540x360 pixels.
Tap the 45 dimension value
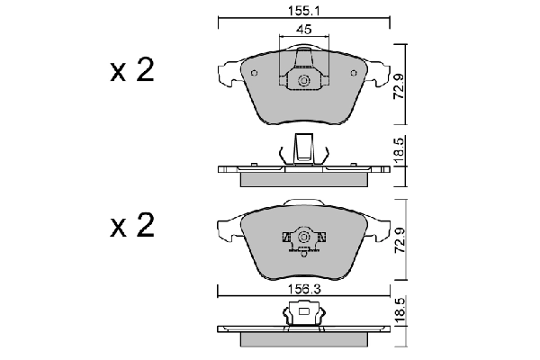click(304, 30)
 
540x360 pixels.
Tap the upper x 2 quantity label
click(131, 73)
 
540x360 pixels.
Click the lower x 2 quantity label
click(131, 227)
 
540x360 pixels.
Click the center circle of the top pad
click(304, 84)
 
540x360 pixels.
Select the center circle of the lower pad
click(304, 238)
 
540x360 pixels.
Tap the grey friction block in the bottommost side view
click(304, 339)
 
